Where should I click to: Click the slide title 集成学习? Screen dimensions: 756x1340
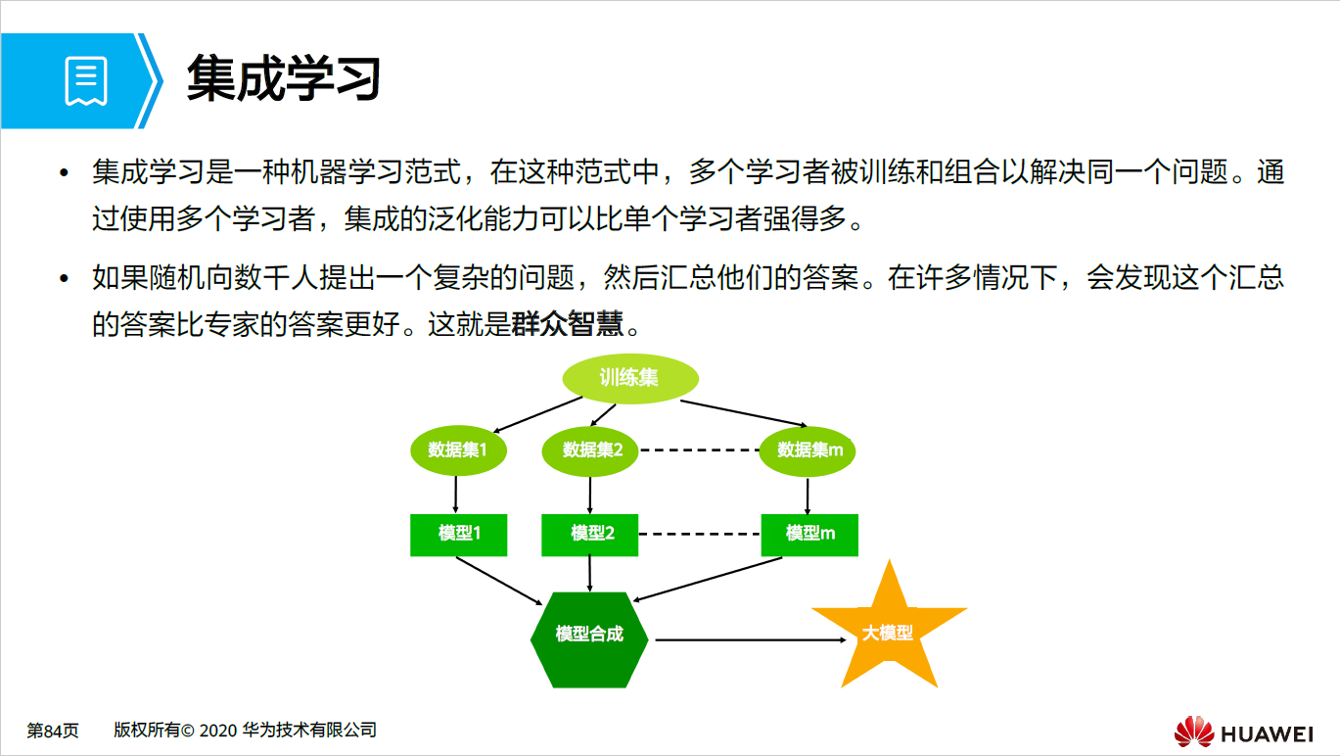pos(283,78)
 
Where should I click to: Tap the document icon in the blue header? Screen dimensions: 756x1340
pos(86,81)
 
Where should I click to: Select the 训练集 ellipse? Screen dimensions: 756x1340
pos(629,378)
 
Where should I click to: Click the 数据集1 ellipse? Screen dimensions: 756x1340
pos(457,449)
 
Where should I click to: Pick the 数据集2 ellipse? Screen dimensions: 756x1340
pos(590,449)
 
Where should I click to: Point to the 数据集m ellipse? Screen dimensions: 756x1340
pos(809,449)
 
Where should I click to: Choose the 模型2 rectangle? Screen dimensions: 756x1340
pos(590,535)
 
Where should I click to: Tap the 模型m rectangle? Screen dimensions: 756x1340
pos(809,535)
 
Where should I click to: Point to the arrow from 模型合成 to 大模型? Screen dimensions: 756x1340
pos(749,639)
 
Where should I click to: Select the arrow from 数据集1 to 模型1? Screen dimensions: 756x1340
pos(456,495)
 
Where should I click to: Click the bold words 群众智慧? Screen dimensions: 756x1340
pos(568,324)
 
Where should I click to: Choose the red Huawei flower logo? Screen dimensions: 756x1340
pos(1193,731)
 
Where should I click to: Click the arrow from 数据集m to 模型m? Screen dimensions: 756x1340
pos(807,496)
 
